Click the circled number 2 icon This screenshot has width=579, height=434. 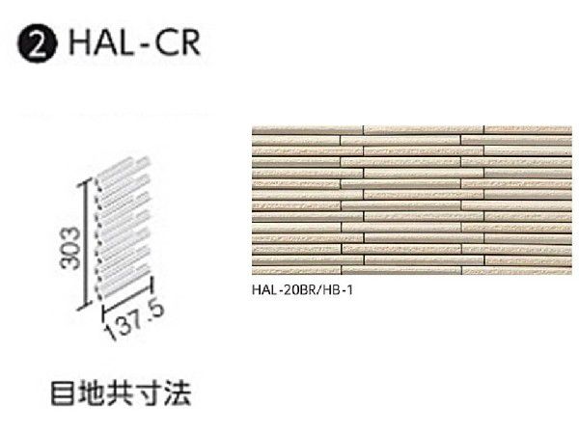tap(37, 45)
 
